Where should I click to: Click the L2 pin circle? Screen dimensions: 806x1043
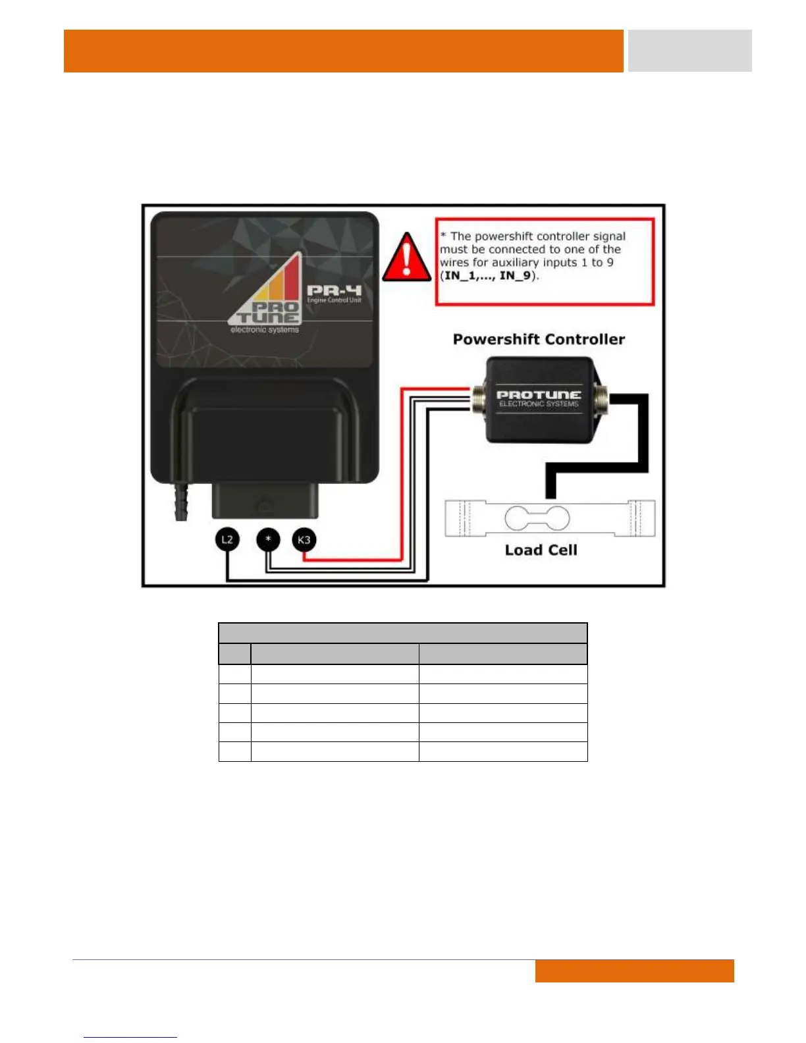point(227,540)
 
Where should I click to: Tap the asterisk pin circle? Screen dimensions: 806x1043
point(268,540)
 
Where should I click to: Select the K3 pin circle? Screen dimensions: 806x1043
point(304,540)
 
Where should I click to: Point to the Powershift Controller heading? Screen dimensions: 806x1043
point(539,339)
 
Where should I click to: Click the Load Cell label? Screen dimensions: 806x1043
point(541,550)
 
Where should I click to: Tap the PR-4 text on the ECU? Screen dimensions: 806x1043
point(334,290)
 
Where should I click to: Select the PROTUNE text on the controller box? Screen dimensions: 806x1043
point(539,394)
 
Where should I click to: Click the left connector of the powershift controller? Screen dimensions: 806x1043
point(479,399)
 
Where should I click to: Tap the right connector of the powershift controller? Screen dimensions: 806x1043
point(600,399)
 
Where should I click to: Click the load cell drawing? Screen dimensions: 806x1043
point(550,518)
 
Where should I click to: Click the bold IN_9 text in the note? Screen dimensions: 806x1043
point(516,276)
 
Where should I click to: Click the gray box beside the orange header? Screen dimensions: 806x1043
point(689,51)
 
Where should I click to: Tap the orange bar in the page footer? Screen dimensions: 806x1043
point(634,971)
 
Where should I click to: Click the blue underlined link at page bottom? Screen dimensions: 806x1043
point(130,1036)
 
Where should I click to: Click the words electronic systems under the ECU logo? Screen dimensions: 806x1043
point(265,330)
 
